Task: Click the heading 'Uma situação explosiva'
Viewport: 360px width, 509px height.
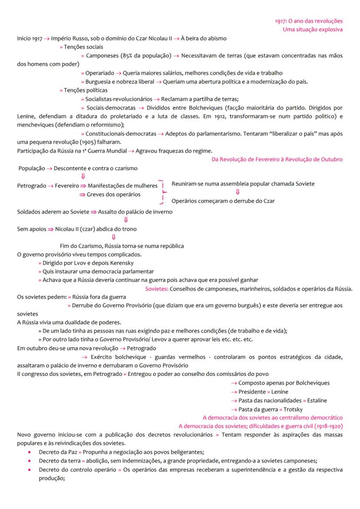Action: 312,29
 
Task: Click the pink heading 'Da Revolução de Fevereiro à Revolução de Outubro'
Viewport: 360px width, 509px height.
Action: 277,160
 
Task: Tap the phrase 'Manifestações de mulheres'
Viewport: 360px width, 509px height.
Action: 123,186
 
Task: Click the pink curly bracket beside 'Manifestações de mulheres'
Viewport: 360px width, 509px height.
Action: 162,192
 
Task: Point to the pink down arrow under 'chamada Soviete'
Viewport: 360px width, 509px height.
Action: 238,192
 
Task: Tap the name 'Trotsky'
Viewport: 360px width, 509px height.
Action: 293,409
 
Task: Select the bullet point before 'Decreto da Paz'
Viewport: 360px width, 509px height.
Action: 29,452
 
